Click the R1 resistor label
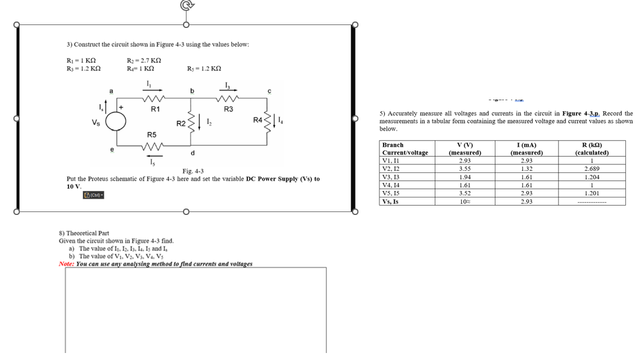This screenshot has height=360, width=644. [x=156, y=109]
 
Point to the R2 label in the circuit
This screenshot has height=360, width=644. [x=181, y=123]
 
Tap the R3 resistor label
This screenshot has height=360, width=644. [x=228, y=109]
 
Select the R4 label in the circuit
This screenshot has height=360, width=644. [x=258, y=121]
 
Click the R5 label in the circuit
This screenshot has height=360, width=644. [x=151, y=135]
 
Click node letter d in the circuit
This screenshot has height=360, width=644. [x=192, y=153]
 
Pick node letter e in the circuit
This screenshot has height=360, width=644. [x=111, y=149]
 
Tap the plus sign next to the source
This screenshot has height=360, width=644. [x=121, y=107]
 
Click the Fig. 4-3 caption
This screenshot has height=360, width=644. [x=193, y=171]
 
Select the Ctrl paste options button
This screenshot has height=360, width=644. [x=93, y=195]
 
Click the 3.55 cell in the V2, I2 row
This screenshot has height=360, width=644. [x=464, y=169]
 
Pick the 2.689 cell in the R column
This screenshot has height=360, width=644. [x=592, y=169]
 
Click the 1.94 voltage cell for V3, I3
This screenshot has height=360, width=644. [x=464, y=177]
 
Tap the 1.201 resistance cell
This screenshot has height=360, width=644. [x=592, y=193]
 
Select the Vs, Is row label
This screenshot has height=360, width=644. [x=390, y=202]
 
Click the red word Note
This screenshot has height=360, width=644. [x=66, y=264]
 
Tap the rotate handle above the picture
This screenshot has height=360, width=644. [x=186, y=5]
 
